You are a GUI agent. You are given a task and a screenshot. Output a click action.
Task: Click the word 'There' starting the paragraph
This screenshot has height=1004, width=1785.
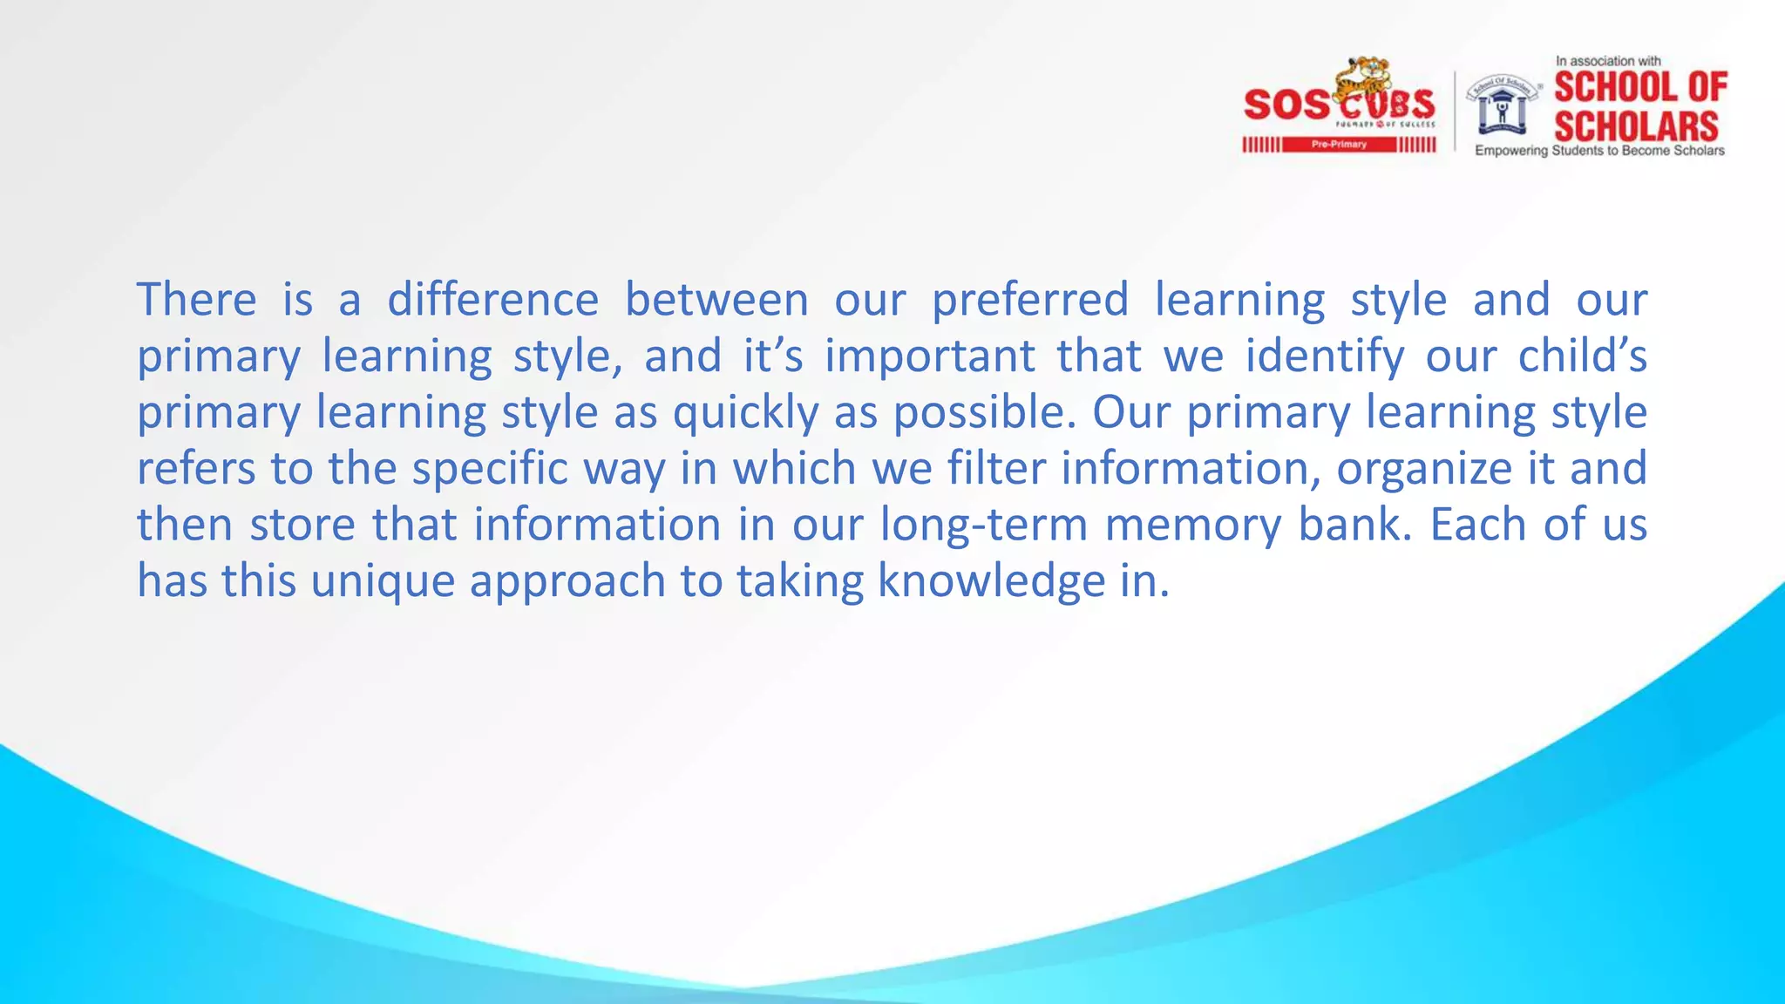[x=196, y=300]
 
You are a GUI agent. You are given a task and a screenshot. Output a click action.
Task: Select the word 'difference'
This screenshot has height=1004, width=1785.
[x=492, y=300]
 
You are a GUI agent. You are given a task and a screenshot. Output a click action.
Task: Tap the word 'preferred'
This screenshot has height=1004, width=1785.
[x=1030, y=302]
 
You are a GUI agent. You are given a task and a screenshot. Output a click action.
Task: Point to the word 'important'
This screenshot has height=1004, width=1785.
[x=930, y=357]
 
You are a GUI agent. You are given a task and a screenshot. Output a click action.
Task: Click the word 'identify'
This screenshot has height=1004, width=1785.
[x=1325, y=357]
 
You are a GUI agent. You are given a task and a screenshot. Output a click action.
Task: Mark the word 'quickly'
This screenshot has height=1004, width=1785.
[x=745, y=413]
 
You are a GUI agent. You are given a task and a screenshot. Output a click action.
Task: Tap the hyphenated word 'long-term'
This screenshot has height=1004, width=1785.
[x=983, y=526]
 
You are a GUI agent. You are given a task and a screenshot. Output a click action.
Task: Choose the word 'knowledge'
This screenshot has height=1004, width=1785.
[x=991, y=582]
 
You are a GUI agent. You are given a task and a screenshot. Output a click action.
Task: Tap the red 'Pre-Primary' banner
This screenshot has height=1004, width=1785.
[x=1339, y=145]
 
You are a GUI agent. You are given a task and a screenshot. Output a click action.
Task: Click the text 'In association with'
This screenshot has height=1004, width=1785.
[x=1608, y=61]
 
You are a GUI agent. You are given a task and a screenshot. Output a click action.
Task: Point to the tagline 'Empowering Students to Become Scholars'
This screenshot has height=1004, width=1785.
[x=1599, y=151]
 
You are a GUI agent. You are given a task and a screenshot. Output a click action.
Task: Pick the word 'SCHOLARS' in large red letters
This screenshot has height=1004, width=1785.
[x=1636, y=126]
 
